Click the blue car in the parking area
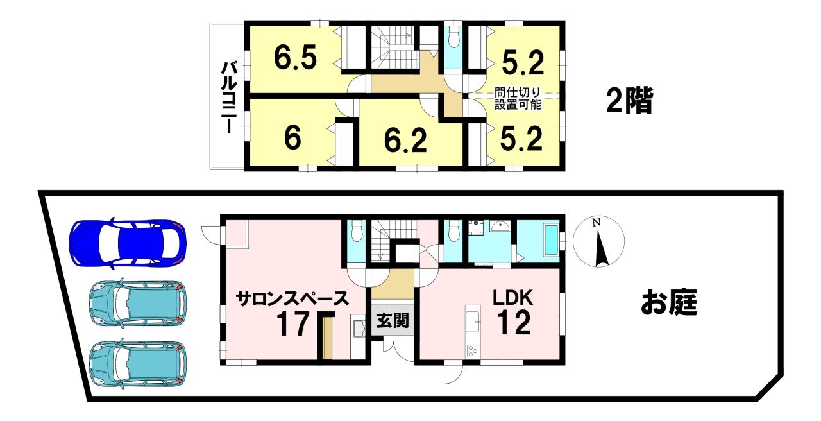coord(128,243)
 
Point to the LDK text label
coord(513,298)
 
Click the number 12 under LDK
coord(513,323)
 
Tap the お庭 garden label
coord(669,304)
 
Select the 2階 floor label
coord(629,101)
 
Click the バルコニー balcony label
coord(227,97)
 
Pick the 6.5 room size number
coord(295,58)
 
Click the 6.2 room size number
coord(407,140)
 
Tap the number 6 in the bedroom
coord(292,139)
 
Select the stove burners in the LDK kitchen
coord(473,351)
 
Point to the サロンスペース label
coord(292,298)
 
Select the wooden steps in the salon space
coord(328,338)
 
